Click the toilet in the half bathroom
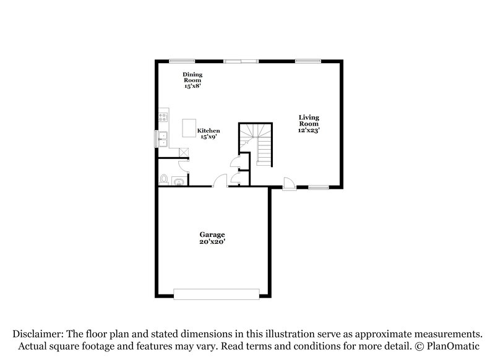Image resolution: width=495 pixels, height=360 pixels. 164,179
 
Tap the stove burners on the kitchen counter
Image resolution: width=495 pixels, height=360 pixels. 163,116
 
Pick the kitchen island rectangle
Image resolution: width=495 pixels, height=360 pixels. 189,128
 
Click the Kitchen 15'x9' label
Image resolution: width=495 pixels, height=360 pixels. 209,134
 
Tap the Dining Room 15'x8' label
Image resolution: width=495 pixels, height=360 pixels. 192,80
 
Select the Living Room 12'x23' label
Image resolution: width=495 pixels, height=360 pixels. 309,124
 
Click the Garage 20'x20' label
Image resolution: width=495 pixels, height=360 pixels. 212,238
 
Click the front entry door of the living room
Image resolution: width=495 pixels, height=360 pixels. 289,184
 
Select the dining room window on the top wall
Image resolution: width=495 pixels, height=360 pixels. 181,61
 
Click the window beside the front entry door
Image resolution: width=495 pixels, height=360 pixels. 318,187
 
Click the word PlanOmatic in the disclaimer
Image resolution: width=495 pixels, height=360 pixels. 457,345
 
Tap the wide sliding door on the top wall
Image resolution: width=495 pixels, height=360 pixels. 241,61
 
